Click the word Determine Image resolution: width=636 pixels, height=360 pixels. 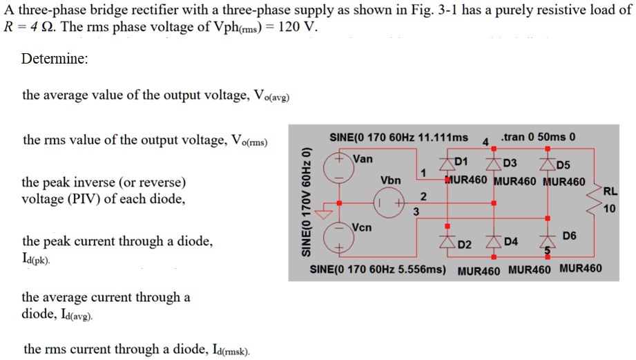click(x=55, y=59)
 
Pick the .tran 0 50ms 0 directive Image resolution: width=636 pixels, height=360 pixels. click(x=538, y=136)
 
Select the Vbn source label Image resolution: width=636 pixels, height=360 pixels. click(x=390, y=180)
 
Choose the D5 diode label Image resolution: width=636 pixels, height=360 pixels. click(x=563, y=164)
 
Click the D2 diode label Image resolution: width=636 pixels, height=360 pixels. click(x=465, y=245)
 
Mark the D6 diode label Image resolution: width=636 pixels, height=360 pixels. click(x=570, y=236)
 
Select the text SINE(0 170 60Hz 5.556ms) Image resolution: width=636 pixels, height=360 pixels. click(x=378, y=268)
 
